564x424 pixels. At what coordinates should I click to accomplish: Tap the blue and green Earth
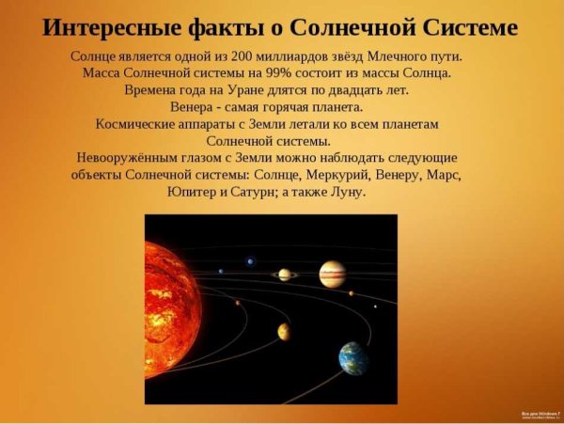pyautogui.click(x=354, y=358)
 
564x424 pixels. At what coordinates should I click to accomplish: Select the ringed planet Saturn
pyautogui.click(x=284, y=275)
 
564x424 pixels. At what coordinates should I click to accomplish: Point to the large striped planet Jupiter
pyautogui.click(x=332, y=274)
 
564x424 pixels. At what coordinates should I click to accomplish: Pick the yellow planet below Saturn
pyautogui.click(x=283, y=331)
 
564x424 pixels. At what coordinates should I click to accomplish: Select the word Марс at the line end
pyautogui.click(x=442, y=175)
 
